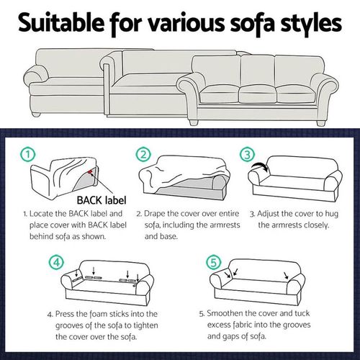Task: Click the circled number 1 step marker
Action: [28, 154]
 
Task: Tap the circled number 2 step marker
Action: [143, 154]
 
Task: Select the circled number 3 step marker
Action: [248, 154]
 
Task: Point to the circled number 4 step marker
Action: [57, 262]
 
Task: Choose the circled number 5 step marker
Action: [214, 262]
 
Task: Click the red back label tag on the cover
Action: [90, 171]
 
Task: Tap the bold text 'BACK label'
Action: [102, 200]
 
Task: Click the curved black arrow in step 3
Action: [260, 166]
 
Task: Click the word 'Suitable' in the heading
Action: [61, 22]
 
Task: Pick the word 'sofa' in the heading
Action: [252, 24]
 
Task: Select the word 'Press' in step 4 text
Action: [64, 314]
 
